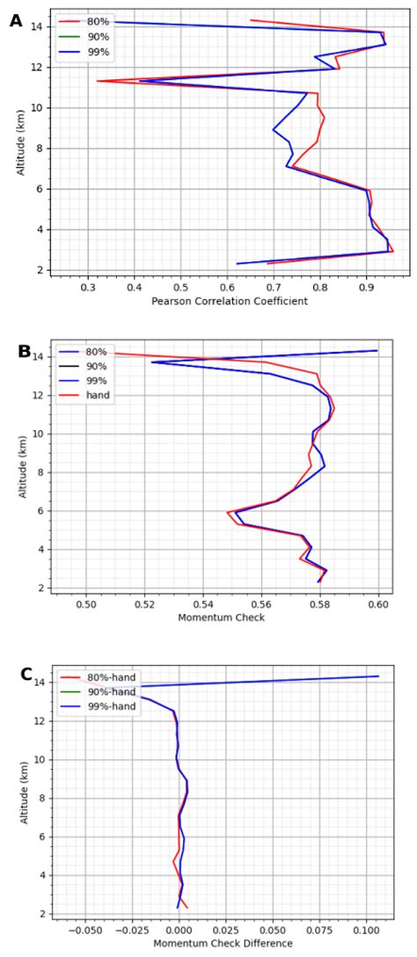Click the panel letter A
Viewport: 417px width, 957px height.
[15, 20]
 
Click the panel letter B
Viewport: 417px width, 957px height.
[25, 351]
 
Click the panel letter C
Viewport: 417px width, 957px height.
[27, 675]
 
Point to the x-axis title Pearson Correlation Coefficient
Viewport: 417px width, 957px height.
[229, 301]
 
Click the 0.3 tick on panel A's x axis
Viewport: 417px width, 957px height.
[88, 286]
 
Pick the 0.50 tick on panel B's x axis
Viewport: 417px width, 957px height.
[86, 603]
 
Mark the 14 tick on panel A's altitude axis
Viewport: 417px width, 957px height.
[40, 26]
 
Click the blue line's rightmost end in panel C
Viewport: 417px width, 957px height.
[378, 676]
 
